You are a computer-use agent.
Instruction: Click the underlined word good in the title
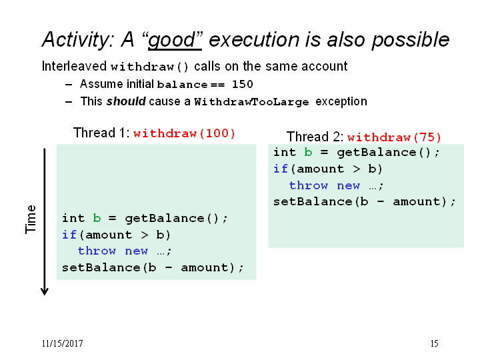pos(175,40)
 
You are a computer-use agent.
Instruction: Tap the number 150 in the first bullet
pos(243,84)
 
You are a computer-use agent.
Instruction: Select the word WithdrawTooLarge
pos(251,101)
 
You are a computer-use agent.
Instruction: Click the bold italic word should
pos(126,101)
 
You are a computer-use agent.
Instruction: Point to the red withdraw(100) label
pos(184,133)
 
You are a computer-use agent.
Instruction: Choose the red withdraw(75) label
pos(394,137)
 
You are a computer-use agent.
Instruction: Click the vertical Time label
pos(31,219)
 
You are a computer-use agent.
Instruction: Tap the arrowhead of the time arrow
pos(45,292)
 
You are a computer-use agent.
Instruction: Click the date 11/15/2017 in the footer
pos(62,343)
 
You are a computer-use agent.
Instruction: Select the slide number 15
pos(435,343)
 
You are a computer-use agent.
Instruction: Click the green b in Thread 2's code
pos(308,152)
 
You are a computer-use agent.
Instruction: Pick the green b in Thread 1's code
pos(97,218)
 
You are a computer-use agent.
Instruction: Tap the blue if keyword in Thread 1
pos(69,235)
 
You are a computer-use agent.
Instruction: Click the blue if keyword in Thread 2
pos(281,169)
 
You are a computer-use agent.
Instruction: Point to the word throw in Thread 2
pos(308,185)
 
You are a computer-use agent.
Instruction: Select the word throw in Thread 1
pos(97,251)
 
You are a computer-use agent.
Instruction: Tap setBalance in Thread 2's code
pos(313,201)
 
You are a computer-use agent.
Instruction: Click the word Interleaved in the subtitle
pos(74,66)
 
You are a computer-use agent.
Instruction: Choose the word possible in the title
pos(411,40)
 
